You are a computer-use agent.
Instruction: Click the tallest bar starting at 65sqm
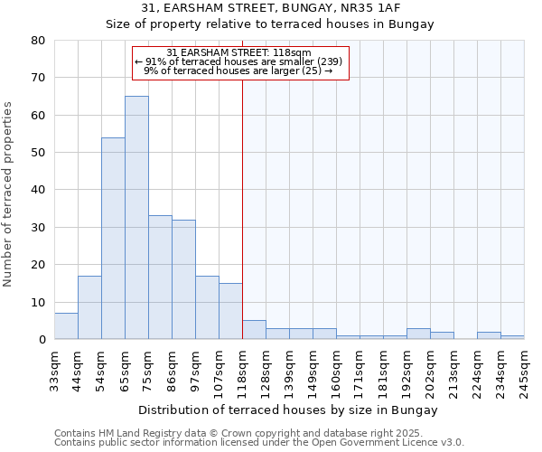click(136, 218)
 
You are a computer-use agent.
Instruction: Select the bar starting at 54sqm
click(113, 239)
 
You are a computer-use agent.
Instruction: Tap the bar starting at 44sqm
click(89, 307)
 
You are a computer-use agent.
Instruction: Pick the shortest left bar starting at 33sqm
click(66, 326)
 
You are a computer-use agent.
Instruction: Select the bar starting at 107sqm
click(230, 311)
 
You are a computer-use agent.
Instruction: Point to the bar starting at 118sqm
click(254, 330)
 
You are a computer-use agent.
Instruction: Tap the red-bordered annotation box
click(240, 62)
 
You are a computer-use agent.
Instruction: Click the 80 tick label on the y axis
click(38, 41)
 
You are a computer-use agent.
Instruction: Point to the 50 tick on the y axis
click(38, 153)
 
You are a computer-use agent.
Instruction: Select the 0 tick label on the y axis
click(42, 340)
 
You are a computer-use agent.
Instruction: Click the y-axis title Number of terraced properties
click(9, 194)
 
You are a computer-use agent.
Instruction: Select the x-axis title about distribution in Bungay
click(289, 410)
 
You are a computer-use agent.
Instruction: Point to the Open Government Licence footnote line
click(259, 442)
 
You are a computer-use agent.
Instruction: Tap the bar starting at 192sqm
click(418, 334)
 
